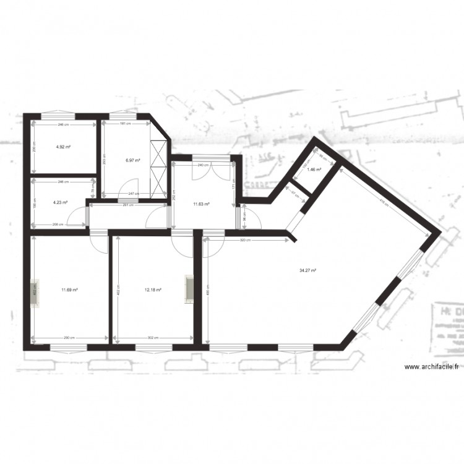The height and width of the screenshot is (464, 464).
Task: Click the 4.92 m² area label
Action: pos(62,147)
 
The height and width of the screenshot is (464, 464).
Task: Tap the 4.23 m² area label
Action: pos(60,202)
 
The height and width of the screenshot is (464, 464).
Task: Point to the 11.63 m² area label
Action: pos(201,204)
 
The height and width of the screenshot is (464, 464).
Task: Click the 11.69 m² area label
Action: pos(69,289)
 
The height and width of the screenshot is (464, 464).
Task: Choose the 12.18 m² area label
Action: pos(153,289)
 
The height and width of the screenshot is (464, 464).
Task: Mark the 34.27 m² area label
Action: pos(307,270)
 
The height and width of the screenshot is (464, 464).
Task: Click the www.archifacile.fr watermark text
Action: pos(431,367)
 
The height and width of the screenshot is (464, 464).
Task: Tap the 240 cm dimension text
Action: pos(201,165)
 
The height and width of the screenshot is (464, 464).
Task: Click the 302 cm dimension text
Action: pos(153,338)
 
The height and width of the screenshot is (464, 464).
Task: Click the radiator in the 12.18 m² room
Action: pos(188,290)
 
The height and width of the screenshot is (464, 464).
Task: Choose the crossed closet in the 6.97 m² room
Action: pos(160,169)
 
